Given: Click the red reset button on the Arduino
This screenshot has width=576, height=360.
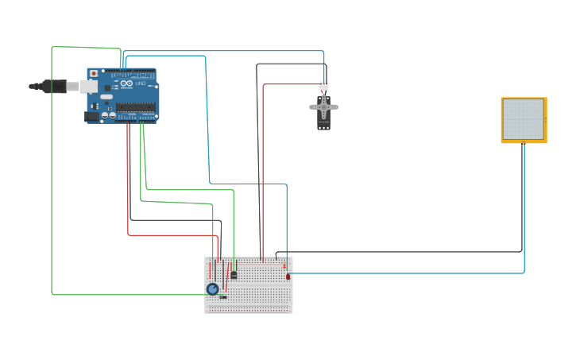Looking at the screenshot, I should [x=94, y=73].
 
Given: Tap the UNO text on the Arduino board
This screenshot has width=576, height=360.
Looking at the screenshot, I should [x=141, y=83].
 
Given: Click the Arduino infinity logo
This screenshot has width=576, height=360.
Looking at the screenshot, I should [x=126, y=83].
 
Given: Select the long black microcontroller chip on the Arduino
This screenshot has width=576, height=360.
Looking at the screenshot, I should [x=135, y=107].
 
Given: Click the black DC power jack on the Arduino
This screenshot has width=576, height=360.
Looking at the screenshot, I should [x=92, y=116].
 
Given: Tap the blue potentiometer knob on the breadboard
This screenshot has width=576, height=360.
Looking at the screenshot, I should [x=212, y=289].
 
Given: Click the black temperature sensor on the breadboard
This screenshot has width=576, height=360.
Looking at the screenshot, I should [x=234, y=275].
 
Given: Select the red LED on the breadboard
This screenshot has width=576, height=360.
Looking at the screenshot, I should [x=288, y=277].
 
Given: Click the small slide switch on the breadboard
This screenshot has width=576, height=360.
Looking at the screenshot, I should [x=223, y=297].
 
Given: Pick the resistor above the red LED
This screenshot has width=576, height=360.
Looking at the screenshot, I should [x=284, y=266].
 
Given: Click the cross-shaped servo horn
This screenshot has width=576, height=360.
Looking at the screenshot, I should [x=323, y=106].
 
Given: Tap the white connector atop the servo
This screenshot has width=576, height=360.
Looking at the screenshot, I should [x=323, y=85].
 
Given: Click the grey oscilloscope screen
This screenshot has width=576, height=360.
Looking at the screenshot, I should [x=523, y=118].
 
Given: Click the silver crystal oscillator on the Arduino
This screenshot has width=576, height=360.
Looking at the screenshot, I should [x=106, y=97].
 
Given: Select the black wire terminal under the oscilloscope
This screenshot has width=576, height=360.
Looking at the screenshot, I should [x=522, y=144].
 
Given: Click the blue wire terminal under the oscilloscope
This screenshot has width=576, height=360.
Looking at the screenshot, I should [x=524, y=144].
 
